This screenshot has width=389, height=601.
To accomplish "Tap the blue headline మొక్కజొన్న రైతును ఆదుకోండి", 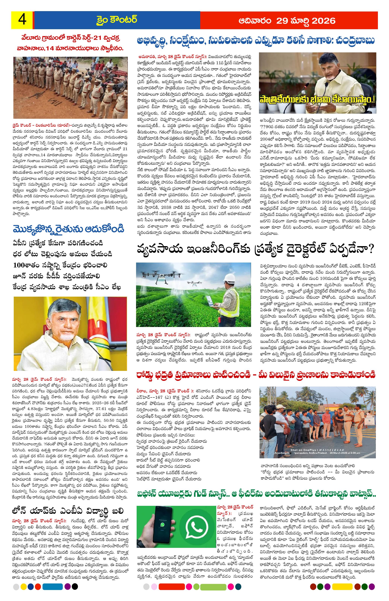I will [x=68, y=229].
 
